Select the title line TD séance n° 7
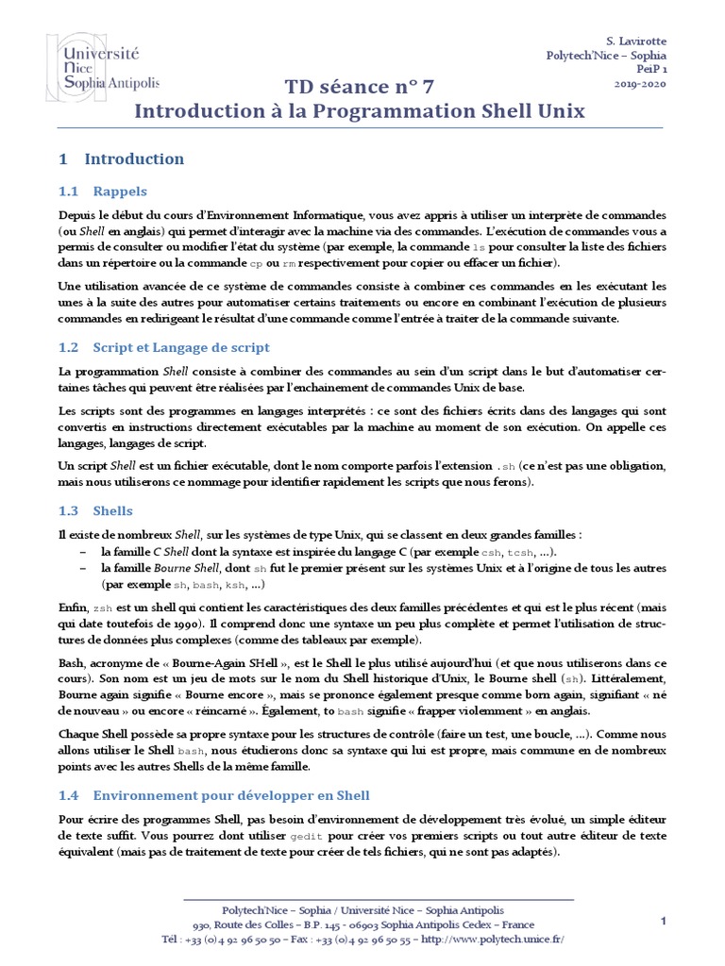pyautogui.click(x=361, y=88)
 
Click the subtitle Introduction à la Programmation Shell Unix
pyautogui.click(x=360, y=111)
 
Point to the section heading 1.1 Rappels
pyautogui.click(x=102, y=192)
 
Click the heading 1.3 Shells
pyautogui.click(x=95, y=510)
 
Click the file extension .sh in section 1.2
pyautogui.click(x=507, y=466)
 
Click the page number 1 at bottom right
pyautogui.click(x=664, y=921)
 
